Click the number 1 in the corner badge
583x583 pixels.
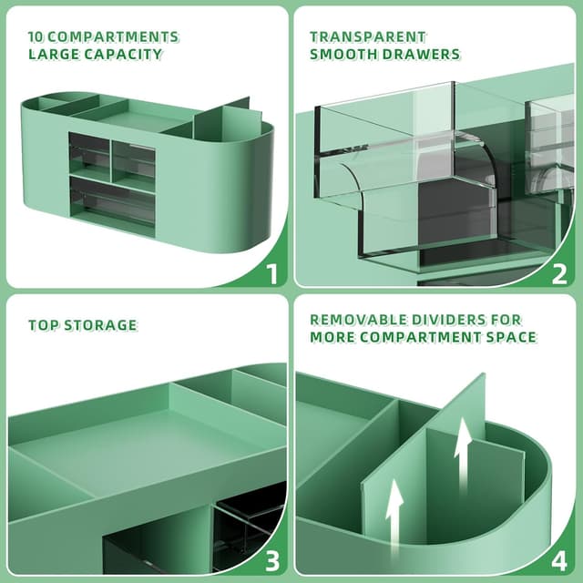click(x=271, y=271)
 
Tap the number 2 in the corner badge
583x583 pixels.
click(x=559, y=271)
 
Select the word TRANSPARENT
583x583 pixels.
click(x=367, y=37)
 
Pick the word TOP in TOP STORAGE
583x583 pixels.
click(x=42, y=325)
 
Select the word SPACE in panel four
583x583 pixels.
click(x=513, y=337)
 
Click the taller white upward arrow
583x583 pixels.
click(x=464, y=451)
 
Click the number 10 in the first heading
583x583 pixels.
click(x=36, y=37)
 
